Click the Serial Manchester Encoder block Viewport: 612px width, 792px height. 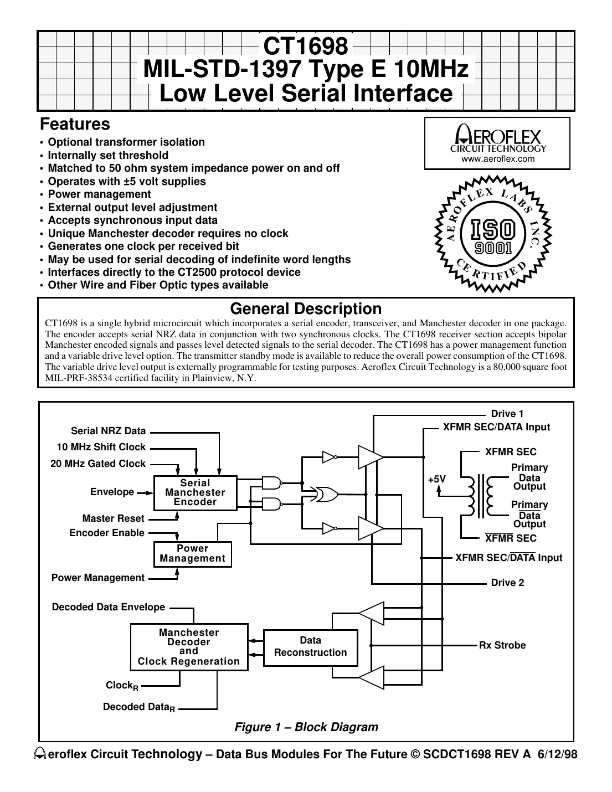pos(195,492)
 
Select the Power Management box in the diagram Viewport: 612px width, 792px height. pos(192,554)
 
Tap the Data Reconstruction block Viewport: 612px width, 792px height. pos(310,647)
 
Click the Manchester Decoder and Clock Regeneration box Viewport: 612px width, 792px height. pos(189,647)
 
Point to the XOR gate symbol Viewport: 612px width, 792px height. pos(325,494)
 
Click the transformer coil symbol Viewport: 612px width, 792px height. pos(480,495)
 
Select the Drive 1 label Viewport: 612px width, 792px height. pos(507,414)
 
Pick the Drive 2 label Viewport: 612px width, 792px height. pos(507,583)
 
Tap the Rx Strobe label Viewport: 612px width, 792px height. pos(502,645)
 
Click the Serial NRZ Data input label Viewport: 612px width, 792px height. pos(109,431)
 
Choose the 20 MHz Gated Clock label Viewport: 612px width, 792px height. pos(98,464)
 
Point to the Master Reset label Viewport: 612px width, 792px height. pos(113,518)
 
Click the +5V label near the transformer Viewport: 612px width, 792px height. pos(436,479)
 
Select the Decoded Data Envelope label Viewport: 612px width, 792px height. pos(109,607)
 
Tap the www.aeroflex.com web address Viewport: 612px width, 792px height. pos(498,159)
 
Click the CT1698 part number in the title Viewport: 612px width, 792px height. pos(305,47)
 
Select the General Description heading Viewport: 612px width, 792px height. pos(306,308)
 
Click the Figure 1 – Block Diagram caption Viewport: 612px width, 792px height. pos(306,727)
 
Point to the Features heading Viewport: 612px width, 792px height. pos(75,124)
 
